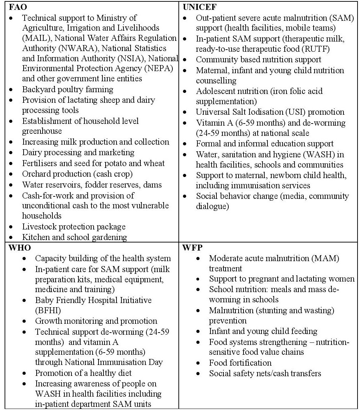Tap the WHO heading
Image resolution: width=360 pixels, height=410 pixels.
pos(19,247)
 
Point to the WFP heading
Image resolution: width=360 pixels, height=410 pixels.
pos(192,247)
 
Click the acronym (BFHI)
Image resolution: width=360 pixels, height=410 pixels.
pos(50,310)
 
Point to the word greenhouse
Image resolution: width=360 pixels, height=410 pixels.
pos(42,131)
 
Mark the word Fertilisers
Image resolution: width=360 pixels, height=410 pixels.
pos(39,163)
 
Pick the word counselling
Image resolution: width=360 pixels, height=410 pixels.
pos(216,81)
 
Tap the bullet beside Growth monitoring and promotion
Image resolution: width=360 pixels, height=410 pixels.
pos(25,321)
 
